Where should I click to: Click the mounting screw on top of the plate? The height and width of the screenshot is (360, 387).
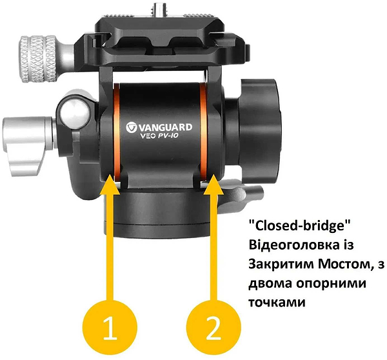[x=159, y=7]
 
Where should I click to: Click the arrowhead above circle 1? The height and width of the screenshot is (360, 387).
[x=111, y=185]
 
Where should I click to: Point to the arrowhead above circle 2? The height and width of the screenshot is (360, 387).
[x=212, y=185]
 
